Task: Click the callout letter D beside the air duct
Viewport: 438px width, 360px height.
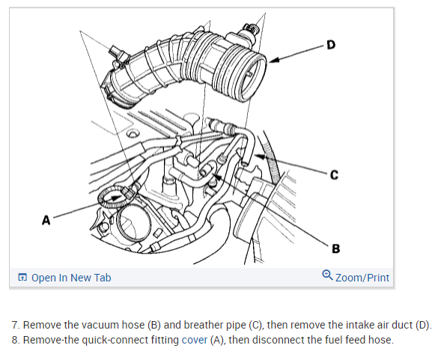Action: click(331, 45)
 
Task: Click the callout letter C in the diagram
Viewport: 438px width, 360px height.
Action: click(334, 175)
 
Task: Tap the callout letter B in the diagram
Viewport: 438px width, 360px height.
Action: click(336, 248)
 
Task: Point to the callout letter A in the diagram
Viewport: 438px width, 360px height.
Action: click(46, 220)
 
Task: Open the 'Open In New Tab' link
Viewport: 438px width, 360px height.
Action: click(71, 278)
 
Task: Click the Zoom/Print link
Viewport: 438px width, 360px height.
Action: click(362, 278)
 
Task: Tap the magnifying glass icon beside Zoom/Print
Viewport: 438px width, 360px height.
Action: click(327, 275)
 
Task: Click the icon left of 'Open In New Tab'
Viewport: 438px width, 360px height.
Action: click(22, 278)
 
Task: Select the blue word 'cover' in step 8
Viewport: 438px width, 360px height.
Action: click(195, 340)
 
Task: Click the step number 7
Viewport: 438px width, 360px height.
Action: click(16, 325)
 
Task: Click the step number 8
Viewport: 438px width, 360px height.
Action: click(16, 340)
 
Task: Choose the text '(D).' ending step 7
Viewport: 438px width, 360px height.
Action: click(424, 326)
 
